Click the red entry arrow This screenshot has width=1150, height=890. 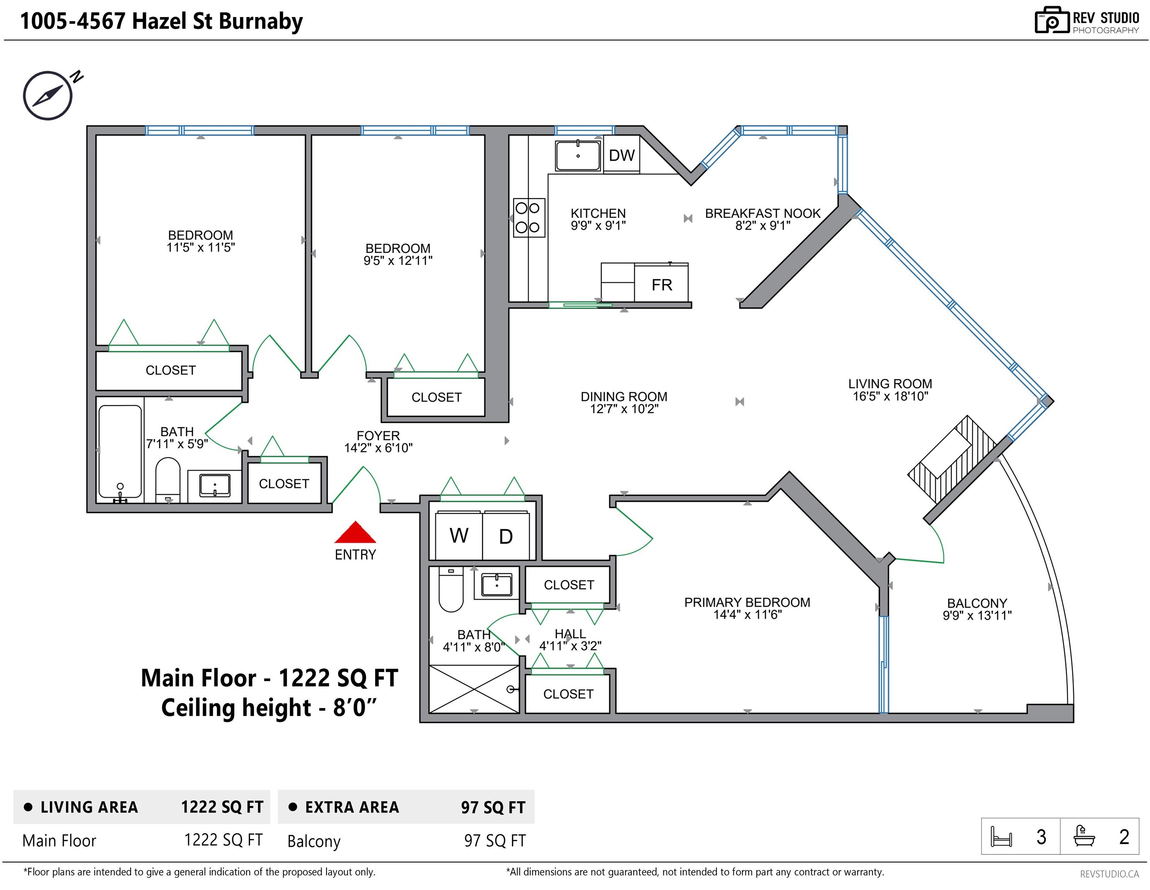click(356, 532)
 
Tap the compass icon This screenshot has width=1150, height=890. click(48, 95)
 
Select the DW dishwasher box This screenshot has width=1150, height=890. click(621, 155)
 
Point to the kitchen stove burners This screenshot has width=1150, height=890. click(528, 217)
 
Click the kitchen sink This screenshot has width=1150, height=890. click(578, 155)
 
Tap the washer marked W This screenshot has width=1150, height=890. click(459, 535)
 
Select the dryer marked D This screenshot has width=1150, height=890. click(505, 536)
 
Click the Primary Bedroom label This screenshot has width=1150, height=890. click(747, 603)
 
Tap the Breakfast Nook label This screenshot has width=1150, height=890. click(762, 214)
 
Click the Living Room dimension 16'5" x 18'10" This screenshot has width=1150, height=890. click(890, 396)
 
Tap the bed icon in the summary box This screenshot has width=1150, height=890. click(1001, 836)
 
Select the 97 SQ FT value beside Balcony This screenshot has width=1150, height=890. click(495, 841)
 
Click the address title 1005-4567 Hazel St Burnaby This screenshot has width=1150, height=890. click(162, 21)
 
